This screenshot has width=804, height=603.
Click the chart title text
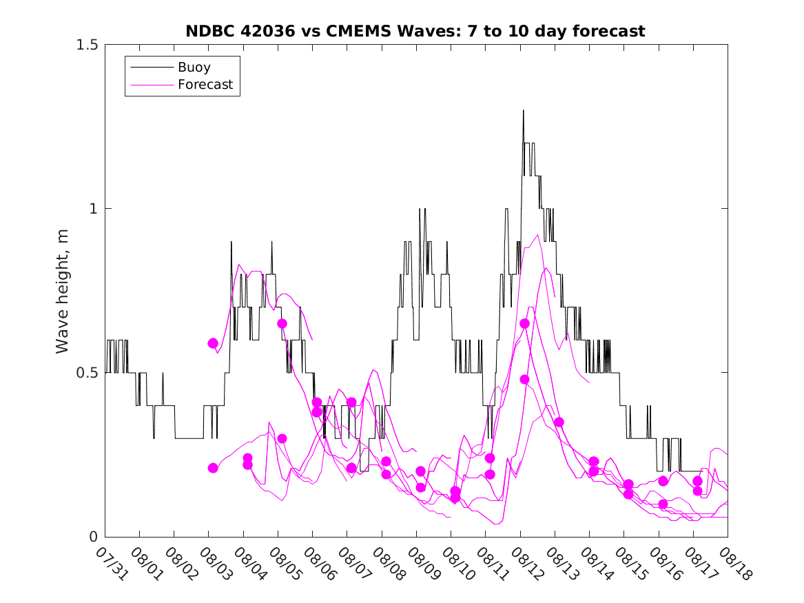(x=415, y=31)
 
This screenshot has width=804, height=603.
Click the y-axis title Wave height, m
(x=63, y=289)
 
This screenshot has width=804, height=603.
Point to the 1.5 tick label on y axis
(x=86, y=45)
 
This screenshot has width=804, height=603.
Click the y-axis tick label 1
(x=93, y=209)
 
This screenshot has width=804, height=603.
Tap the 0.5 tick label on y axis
(x=86, y=373)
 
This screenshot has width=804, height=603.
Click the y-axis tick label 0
(x=93, y=537)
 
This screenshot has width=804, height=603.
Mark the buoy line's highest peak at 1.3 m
(x=523, y=110)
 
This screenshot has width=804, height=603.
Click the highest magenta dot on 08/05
(x=282, y=323)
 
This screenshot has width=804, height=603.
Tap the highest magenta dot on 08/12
(x=524, y=323)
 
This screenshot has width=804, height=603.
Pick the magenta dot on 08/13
(x=559, y=422)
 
